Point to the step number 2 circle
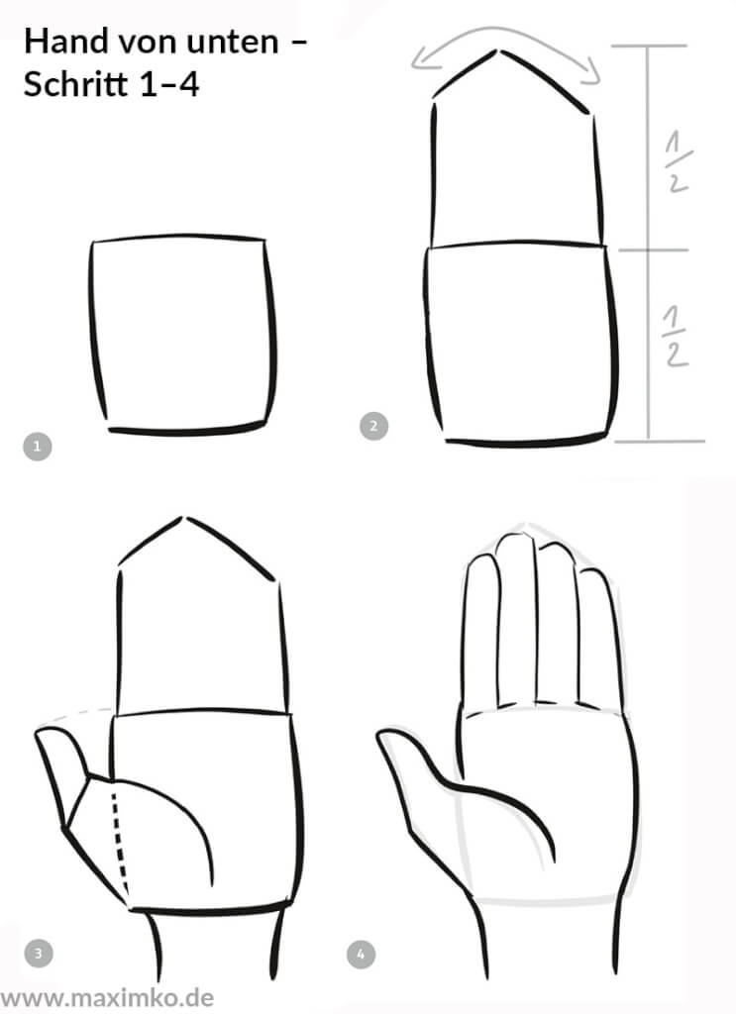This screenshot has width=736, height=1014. (x=372, y=427)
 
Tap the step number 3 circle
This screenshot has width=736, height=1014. (x=38, y=955)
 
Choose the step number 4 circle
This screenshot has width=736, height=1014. (x=361, y=956)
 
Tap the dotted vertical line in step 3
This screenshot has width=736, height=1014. (x=121, y=837)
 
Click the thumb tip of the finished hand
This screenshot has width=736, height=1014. (x=386, y=737)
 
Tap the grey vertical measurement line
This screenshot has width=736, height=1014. (x=649, y=248)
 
